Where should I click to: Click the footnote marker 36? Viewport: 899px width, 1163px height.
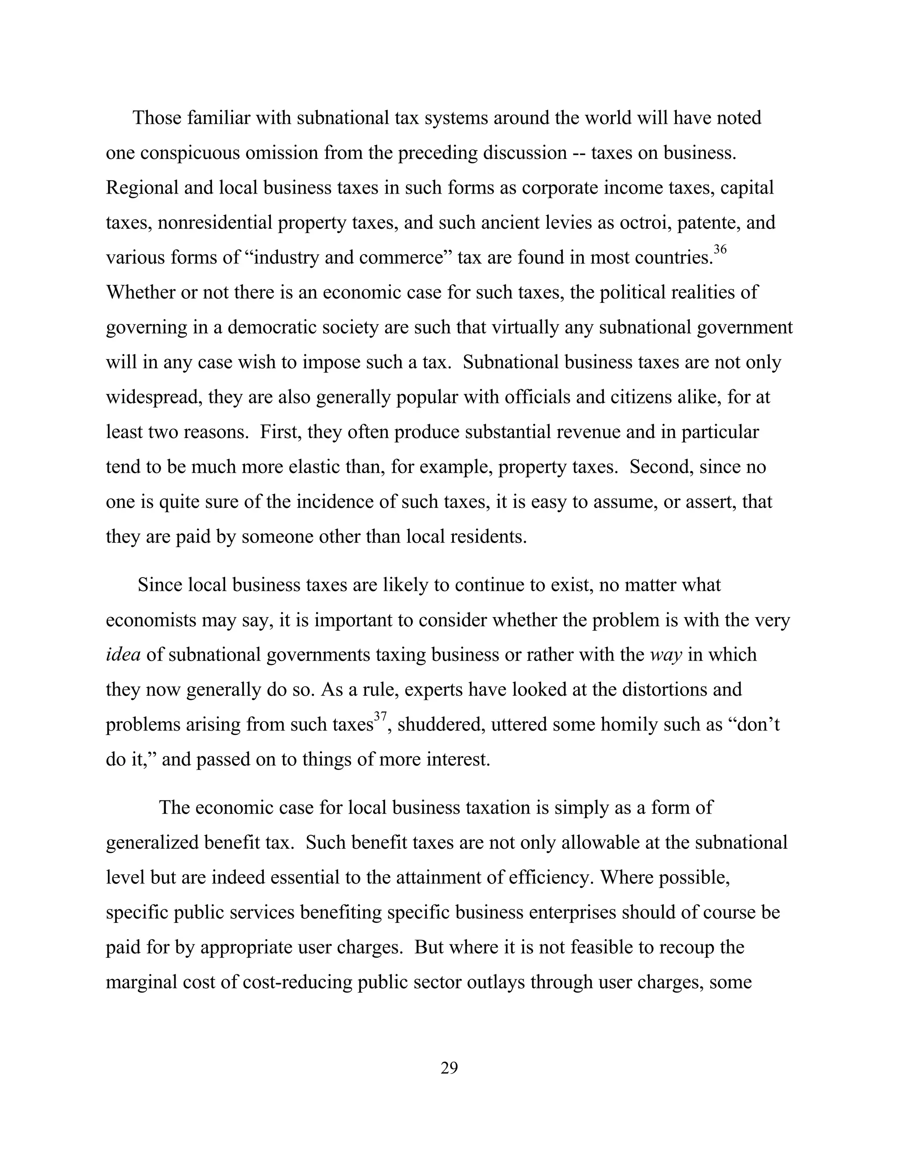[720, 249]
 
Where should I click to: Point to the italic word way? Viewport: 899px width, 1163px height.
[666, 655]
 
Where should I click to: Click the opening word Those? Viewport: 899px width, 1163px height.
[157, 118]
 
